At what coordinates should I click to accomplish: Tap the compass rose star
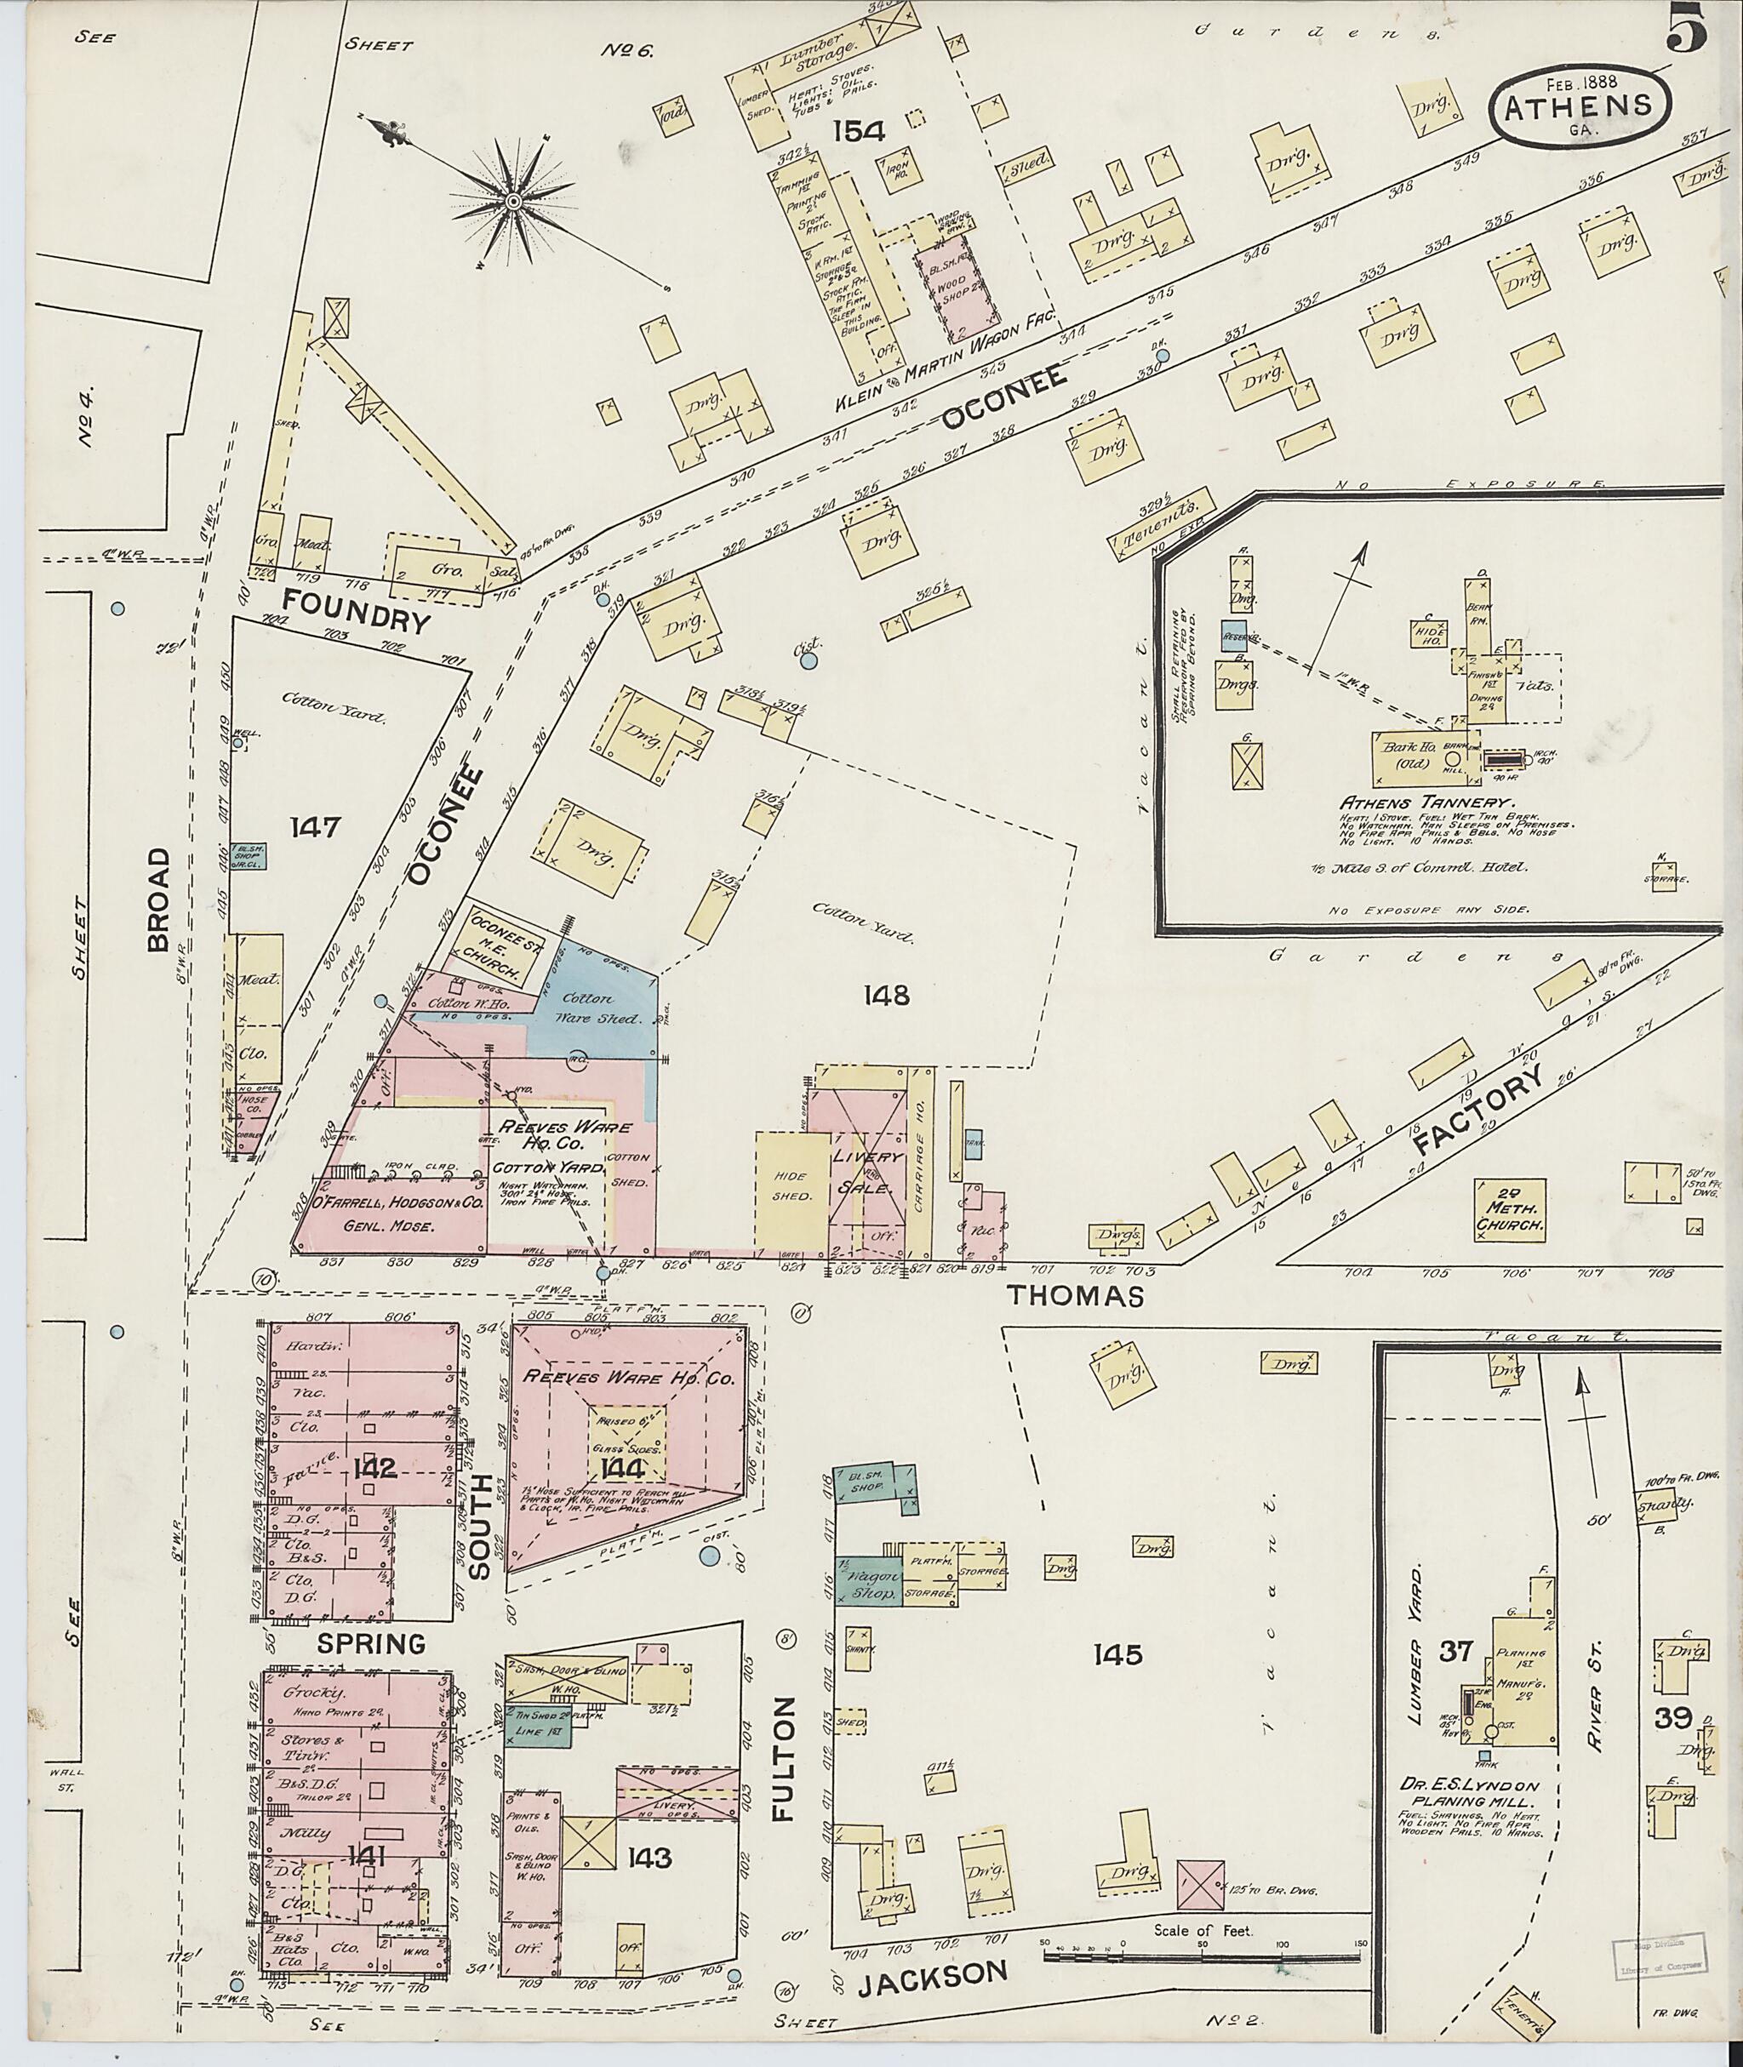click(513, 202)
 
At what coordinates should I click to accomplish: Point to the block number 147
click(315, 826)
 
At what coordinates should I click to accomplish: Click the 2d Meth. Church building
click(1510, 1209)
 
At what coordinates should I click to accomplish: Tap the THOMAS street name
click(1075, 1296)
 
